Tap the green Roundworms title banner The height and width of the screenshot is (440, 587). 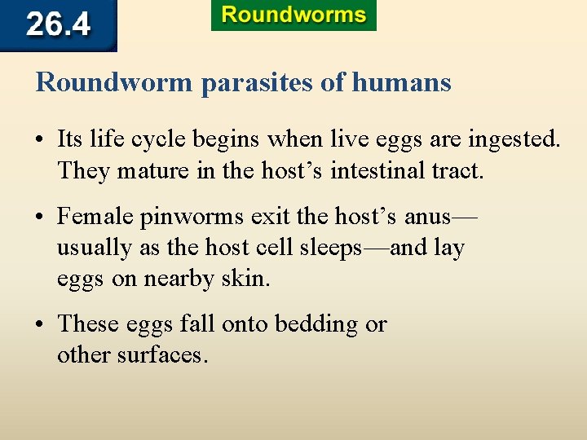(293, 15)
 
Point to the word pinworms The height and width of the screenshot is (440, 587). (192, 217)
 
